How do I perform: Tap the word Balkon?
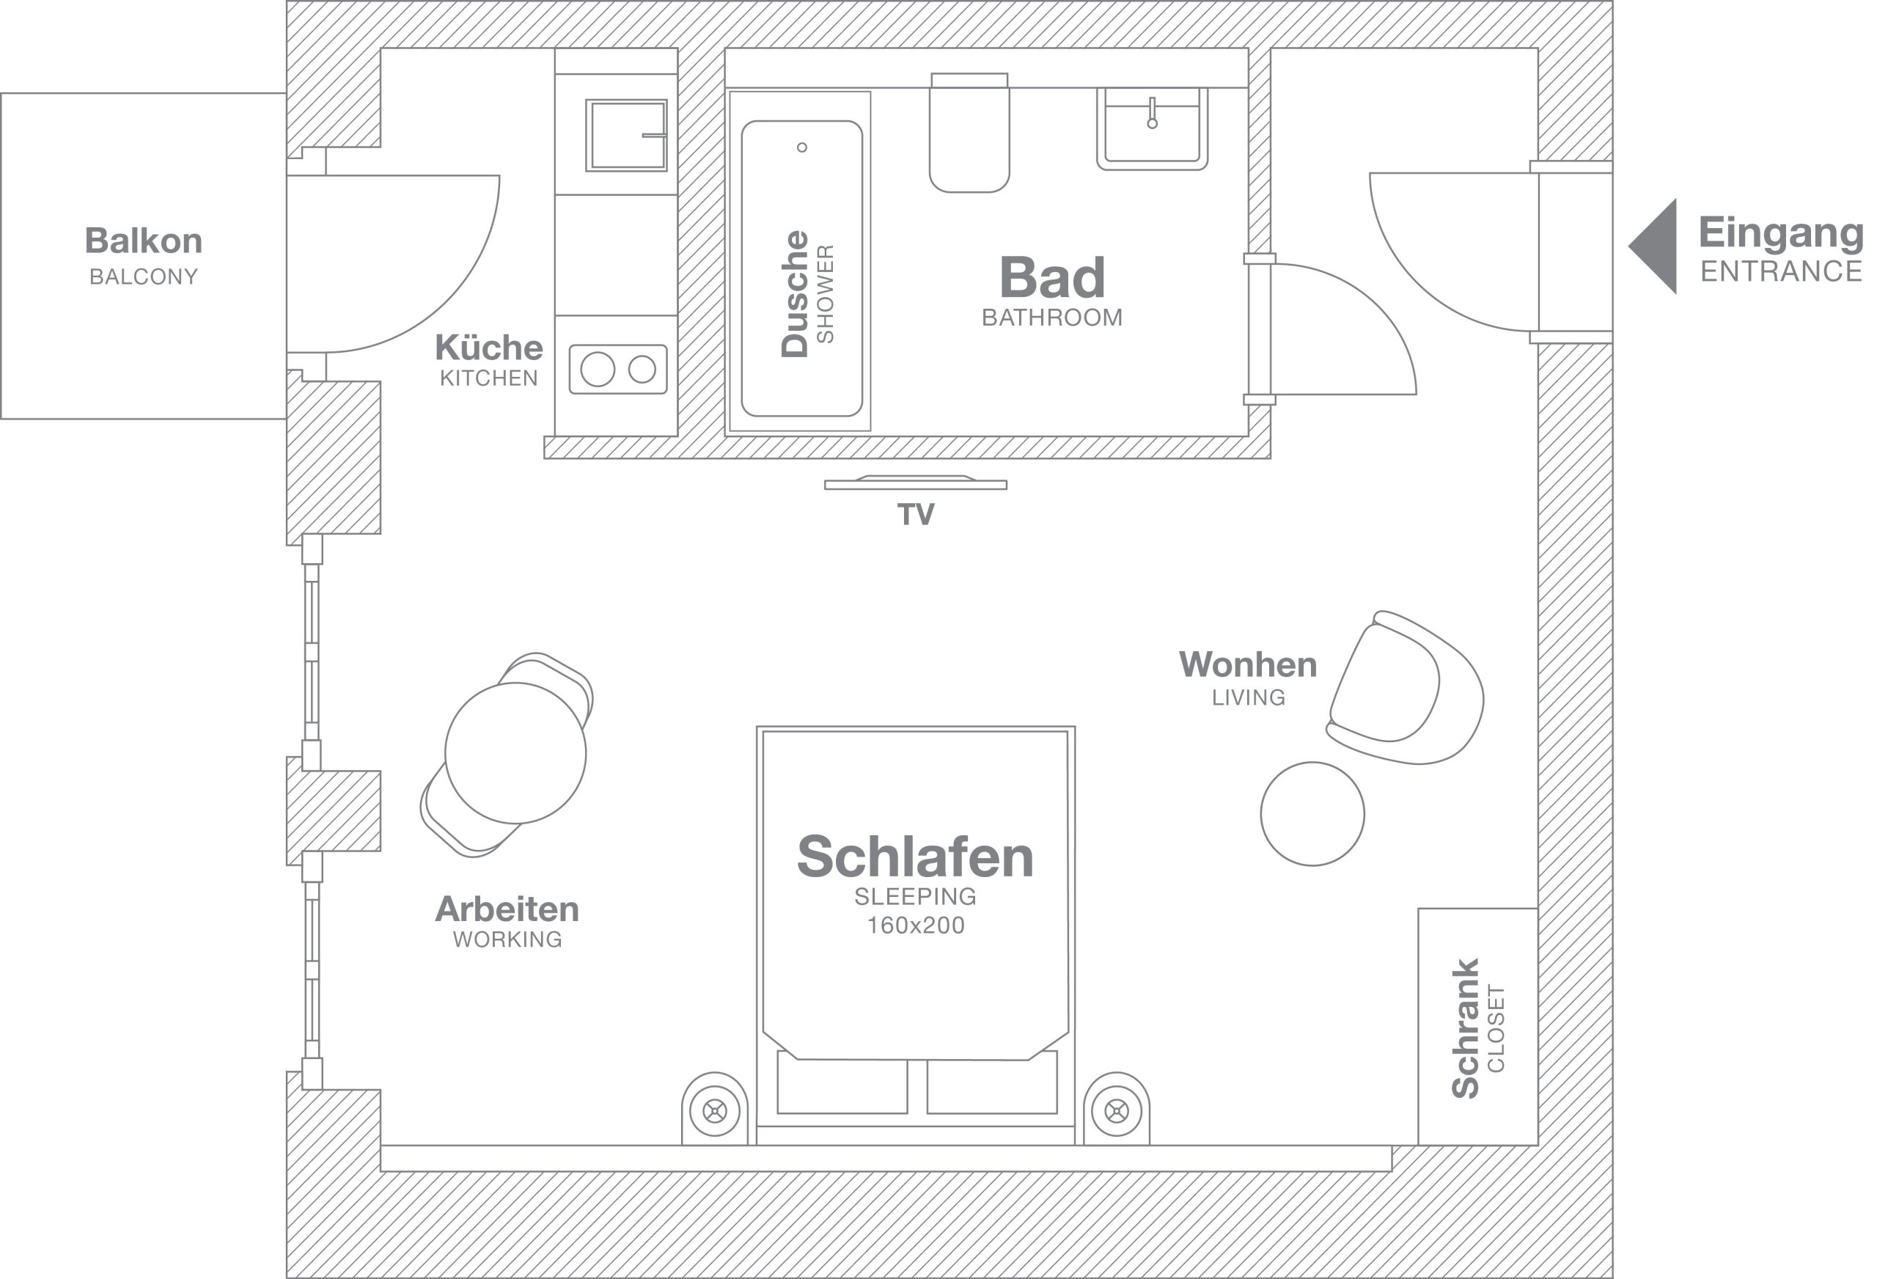[144, 241]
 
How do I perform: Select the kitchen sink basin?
[625, 135]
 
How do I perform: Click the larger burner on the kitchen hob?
[598, 369]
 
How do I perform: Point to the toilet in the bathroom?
[969, 137]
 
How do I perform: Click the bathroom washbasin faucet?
[1152, 113]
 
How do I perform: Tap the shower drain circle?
[802, 147]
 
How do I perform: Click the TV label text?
[916, 515]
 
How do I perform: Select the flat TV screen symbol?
[915, 484]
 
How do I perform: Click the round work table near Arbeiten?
[515, 753]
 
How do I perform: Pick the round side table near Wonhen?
[1312, 813]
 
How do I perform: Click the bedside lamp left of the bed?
[715, 1111]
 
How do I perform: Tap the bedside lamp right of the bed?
[1116, 1111]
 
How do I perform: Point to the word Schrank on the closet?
[1465, 1027]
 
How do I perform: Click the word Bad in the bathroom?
[1051, 277]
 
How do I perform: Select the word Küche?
[488, 348]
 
